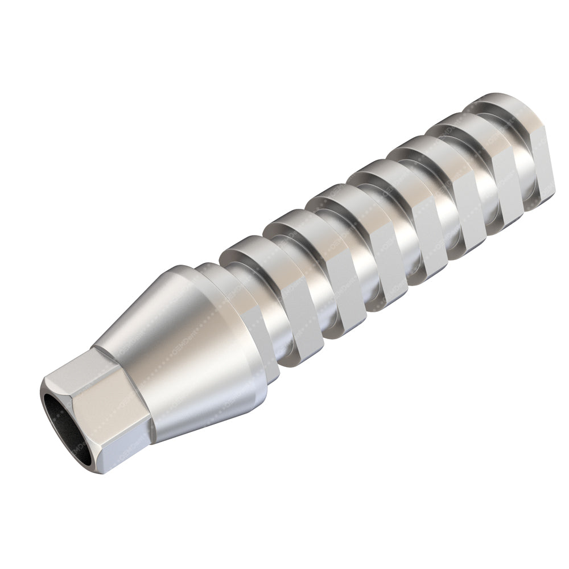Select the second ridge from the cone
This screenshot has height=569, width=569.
(302, 273)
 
